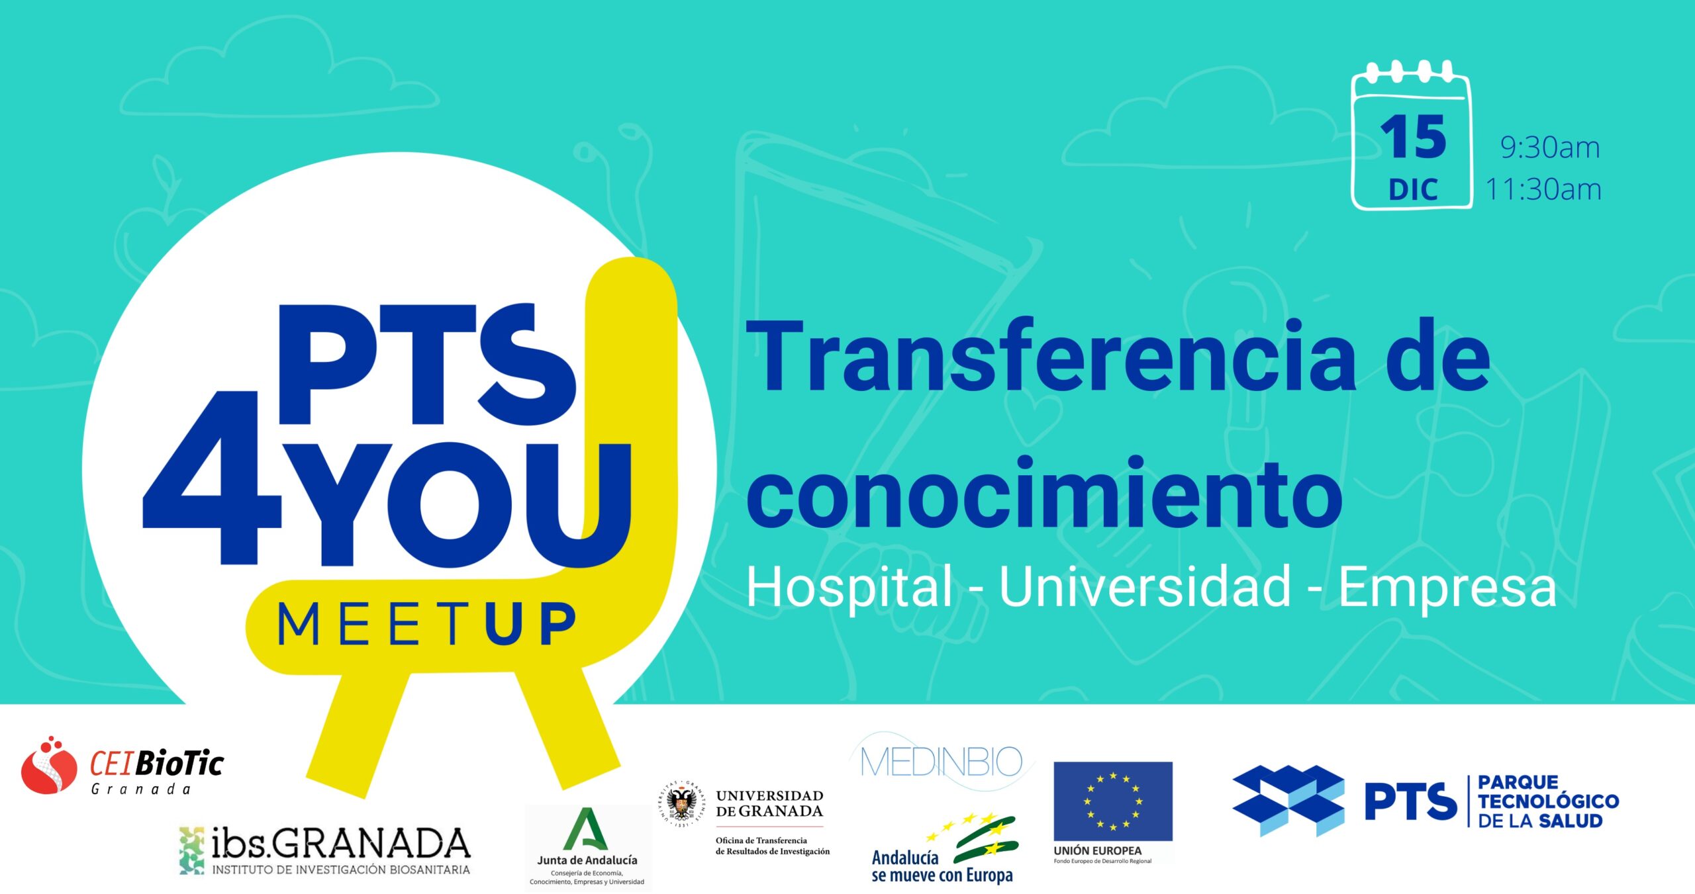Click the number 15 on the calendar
(1413, 138)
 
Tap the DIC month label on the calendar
(1413, 190)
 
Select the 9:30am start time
(1550, 148)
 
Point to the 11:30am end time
(1543, 190)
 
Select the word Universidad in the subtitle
(1145, 586)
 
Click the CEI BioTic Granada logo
(122, 766)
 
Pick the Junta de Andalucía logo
(587, 847)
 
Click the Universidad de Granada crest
(682, 803)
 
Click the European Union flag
(1112, 801)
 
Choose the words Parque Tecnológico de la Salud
(1548, 801)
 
